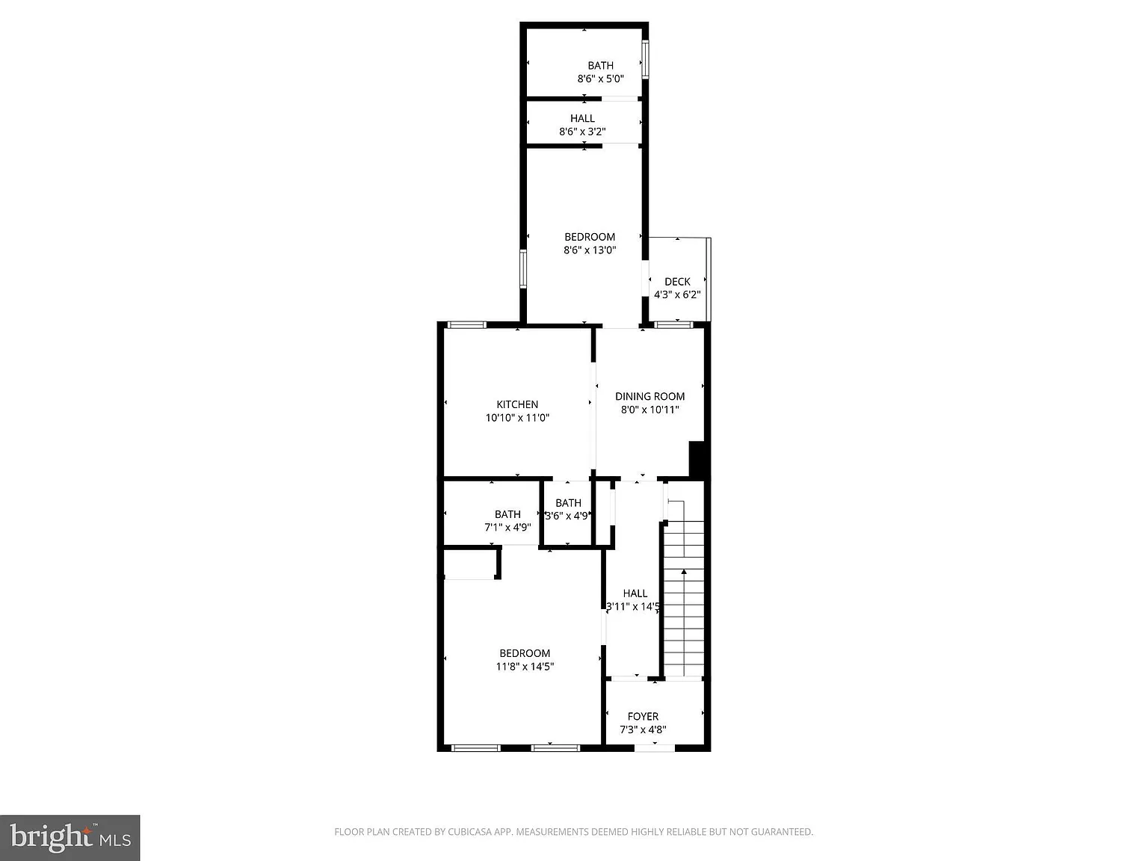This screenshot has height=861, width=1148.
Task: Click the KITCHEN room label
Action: pyautogui.click(x=516, y=404)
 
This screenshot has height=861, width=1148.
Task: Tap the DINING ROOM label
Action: pyautogui.click(x=649, y=396)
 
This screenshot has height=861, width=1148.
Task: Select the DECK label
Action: pyautogui.click(x=677, y=282)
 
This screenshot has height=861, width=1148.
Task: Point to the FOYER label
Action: pyautogui.click(x=643, y=716)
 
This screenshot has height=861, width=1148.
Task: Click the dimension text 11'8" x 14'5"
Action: pyautogui.click(x=525, y=666)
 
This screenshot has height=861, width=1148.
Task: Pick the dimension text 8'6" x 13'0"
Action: pyautogui.click(x=590, y=250)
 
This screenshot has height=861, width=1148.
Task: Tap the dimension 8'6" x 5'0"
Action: pyautogui.click(x=600, y=78)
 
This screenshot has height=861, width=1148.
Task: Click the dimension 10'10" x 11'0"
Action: pyautogui.click(x=517, y=418)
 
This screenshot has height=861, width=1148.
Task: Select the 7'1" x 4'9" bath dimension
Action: pyautogui.click(x=507, y=527)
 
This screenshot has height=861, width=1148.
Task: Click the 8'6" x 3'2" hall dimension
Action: pyautogui.click(x=582, y=132)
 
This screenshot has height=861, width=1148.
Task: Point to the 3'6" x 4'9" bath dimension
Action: pyautogui.click(x=567, y=516)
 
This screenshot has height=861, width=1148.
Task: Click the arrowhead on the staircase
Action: pyautogui.click(x=684, y=572)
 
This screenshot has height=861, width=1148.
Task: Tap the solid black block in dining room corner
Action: pyautogui.click(x=697, y=459)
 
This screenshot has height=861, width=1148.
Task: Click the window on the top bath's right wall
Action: pyautogui.click(x=646, y=59)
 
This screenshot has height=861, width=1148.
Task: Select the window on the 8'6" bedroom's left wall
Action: pyautogui.click(x=523, y=269)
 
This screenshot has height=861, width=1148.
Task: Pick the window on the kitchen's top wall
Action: pyautogui.click(x=467, y=324)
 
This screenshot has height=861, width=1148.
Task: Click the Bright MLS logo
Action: pyautogui.click(x=70, y=838)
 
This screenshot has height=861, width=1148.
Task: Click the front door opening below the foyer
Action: pyautogui.click(x=654, y=748)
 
